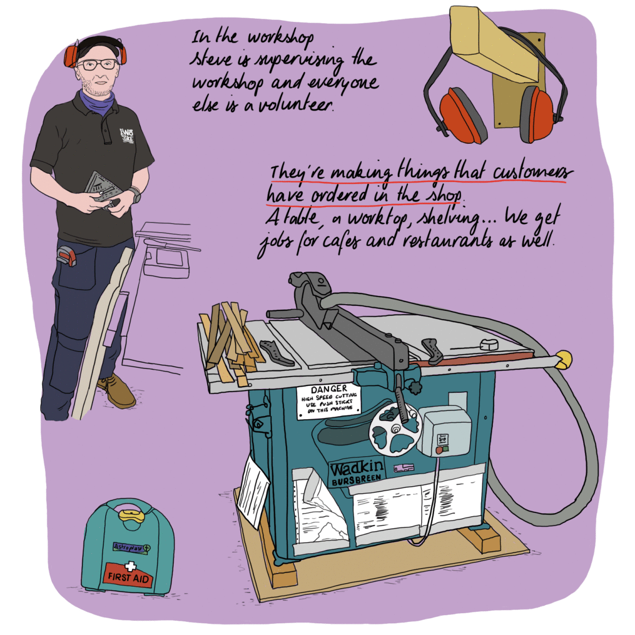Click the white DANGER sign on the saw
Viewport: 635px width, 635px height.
pyautogui.click(x=328, y=401)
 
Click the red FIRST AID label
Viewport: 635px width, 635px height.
pyautogui.click(x=128, y=576)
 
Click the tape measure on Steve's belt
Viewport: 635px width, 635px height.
pyautogui.click(x=66, y=255)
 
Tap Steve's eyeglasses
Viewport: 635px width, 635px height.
pyautogui.click(x=98, y=65)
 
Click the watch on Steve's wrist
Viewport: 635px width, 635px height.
pyautogui.click(x=135, y=195)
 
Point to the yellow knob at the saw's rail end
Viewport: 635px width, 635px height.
pyautogui.click(x=563, y=360)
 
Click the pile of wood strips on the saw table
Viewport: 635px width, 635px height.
pyautogui.click(x=231, y=340)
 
